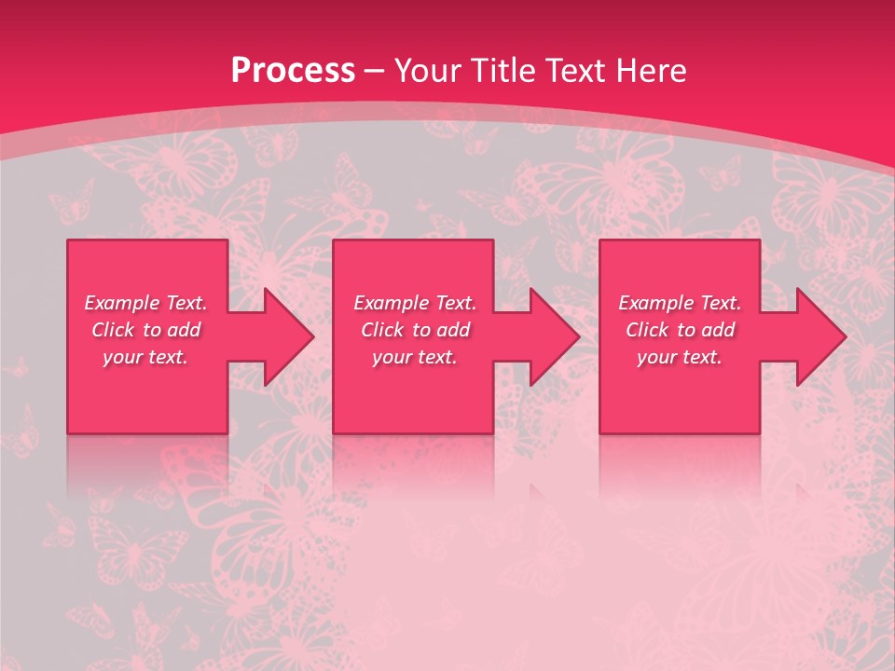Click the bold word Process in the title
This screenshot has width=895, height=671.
293,71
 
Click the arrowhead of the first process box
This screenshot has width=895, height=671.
288,336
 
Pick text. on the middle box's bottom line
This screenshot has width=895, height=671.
436,357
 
